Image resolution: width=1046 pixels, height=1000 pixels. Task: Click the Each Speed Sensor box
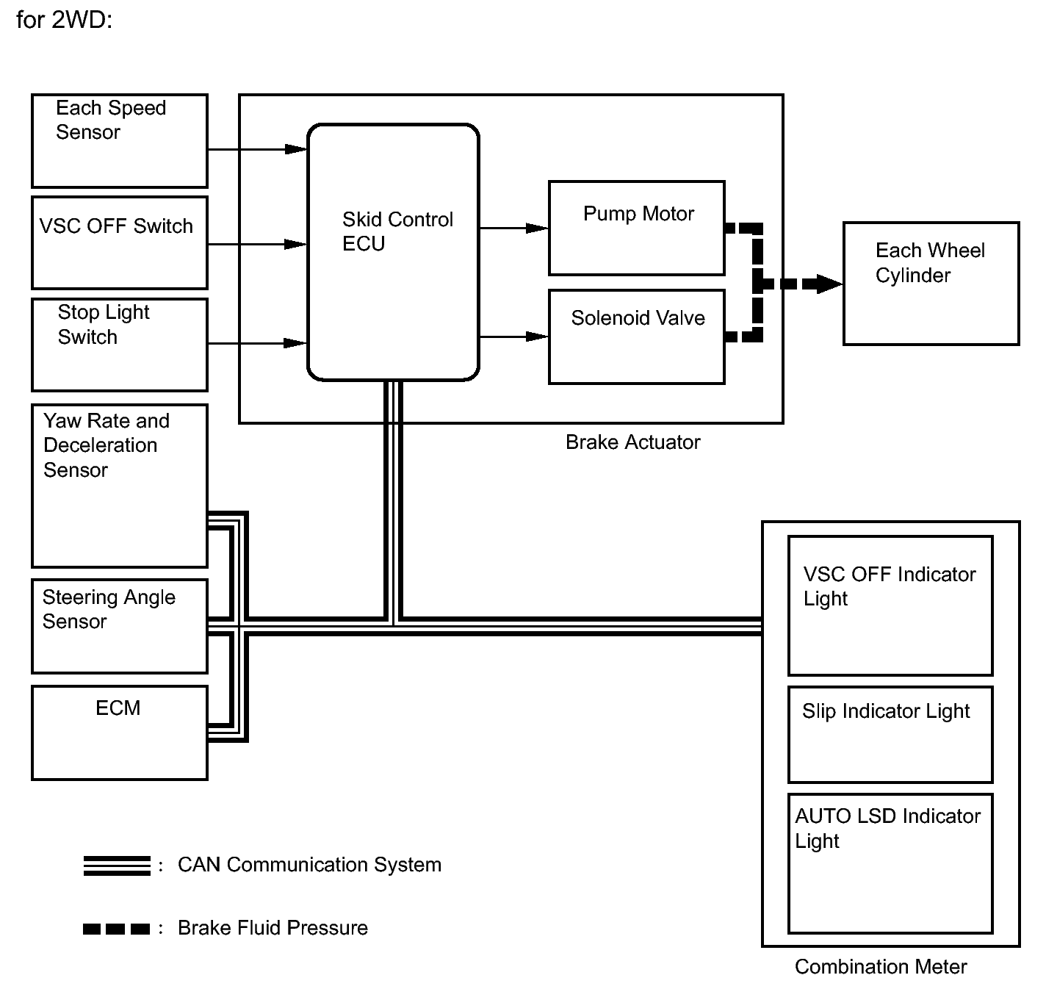click(119, 141)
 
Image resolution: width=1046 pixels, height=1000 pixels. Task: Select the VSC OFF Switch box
click(119, 243)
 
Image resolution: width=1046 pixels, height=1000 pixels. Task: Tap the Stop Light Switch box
click(119, 345)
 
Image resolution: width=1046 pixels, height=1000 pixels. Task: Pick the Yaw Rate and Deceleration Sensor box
click(119, 486)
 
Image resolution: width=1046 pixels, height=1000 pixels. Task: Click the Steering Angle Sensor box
click(119, 626)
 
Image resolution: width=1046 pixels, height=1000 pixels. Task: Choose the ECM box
click(119, 733)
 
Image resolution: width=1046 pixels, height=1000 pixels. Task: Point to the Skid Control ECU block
click(393, 252)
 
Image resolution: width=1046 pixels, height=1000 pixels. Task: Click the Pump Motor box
click(637, 228)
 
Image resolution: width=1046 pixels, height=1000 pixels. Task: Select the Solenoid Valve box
click(637, 337)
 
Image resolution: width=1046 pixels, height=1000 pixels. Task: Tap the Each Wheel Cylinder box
click(931, 284)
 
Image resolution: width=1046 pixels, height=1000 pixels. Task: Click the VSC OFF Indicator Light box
click(890, 605)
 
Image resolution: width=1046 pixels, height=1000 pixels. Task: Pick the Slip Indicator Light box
click(890, 735)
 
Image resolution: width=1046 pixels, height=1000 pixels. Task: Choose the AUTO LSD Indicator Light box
click(890, 863)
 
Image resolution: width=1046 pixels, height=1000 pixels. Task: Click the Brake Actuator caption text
click(632, 442)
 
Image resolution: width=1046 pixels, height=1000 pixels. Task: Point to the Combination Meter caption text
click(881, 966)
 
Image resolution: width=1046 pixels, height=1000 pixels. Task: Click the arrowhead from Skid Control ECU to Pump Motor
click(537, 228)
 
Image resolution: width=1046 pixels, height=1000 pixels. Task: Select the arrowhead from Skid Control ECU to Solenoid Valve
click(537, 337)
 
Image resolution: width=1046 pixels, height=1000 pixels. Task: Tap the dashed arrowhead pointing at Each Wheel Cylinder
click(829, 284)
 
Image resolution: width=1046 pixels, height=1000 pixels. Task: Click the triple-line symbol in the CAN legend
click(117, 866)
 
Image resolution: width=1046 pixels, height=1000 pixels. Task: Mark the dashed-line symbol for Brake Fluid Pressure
click(116, 929)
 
